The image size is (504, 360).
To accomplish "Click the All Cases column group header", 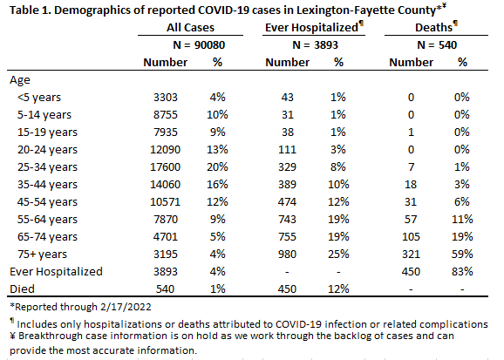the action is [190, 28].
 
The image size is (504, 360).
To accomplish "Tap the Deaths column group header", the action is [436, 27].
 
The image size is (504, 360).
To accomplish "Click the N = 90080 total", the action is [199, 45].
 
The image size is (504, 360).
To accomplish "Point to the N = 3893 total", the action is [316, 45].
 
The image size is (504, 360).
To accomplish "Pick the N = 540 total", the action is [437, 45].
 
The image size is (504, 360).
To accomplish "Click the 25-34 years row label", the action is [47, 167].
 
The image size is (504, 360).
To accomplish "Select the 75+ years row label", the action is [42, 255].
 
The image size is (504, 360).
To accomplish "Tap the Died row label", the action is [22, 289].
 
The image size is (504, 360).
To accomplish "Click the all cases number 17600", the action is [165, 167].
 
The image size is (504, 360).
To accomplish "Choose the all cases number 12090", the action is [165, 150].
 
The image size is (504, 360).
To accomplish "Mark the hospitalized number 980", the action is [287, 255].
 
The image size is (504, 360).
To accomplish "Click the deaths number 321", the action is [411, 255].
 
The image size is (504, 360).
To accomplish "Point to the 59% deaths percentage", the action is [462, 255].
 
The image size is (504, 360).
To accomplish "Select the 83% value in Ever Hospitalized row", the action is [462, 272].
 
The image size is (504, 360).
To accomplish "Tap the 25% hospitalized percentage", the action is [338, 255].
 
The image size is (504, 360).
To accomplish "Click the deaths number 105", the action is [411, 237].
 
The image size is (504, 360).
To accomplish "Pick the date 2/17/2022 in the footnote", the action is [126, 307].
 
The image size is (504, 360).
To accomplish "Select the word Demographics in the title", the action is [93, 10].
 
